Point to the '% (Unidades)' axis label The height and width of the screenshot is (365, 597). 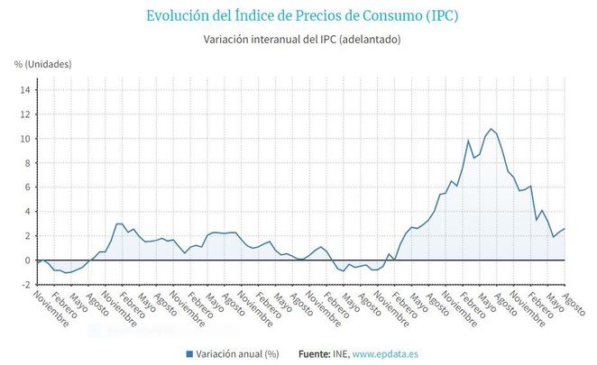pyautogui.click(x=42, y=64)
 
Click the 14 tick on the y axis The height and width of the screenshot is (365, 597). pyautogui.click(x=26, y=90)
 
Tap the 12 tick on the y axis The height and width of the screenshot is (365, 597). pyautogui.click(x=26, y=114)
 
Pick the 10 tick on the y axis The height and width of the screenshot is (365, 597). pyautogui.click(x=26, y=139)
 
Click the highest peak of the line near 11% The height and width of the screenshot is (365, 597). pyautogui.click(x=491, y=129)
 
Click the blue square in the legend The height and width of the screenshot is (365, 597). pyautogui.click(x=189, y=354)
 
